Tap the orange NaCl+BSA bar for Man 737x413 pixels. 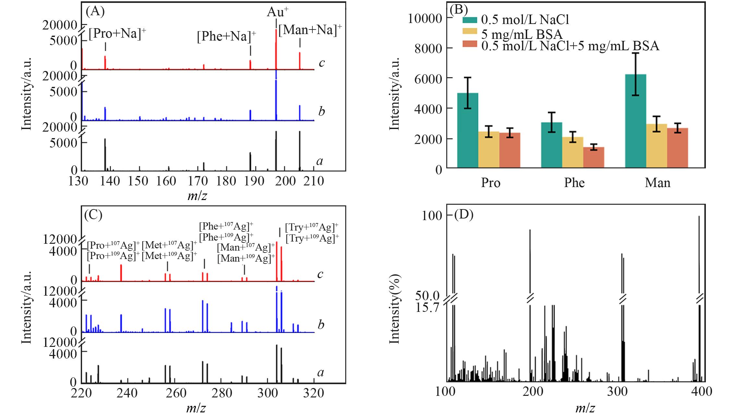tap(677, 148)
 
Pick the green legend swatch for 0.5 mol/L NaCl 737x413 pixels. tap(469, 20)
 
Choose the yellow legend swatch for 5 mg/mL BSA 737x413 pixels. tap(469, 31)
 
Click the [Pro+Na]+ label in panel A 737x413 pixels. tap(117, 34)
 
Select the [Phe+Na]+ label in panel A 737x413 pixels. tap(226, 36)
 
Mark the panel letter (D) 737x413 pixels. tap(464, 215)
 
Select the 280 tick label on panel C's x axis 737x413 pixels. tap(222, 393)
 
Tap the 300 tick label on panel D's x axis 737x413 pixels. tap(617, 392)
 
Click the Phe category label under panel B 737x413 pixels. tap(574, 183)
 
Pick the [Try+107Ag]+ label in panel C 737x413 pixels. tap(312, 227)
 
